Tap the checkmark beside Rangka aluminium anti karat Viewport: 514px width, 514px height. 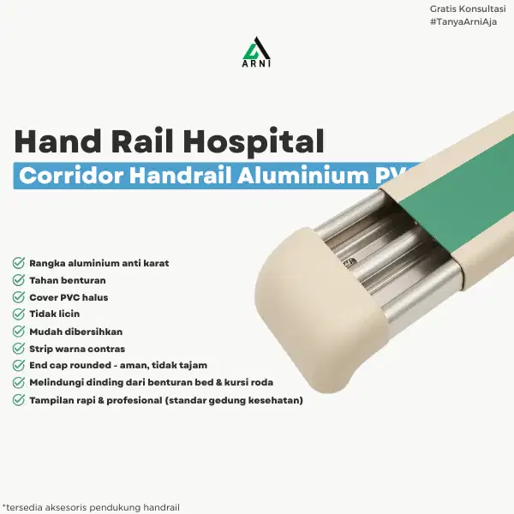click(19, 263)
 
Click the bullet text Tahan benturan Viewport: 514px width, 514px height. click(68, 280)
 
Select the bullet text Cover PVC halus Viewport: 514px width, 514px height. click(69, 297)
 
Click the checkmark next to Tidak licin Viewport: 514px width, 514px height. click(19, 314)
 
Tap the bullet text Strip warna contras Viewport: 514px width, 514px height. click(77, 349)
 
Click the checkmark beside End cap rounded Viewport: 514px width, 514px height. click(19, 366)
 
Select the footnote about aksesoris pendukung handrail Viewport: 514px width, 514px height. click(91, 506)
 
